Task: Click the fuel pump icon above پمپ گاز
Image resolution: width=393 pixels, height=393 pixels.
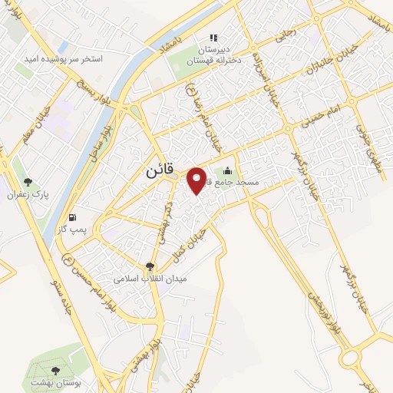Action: click(x=73, y=217)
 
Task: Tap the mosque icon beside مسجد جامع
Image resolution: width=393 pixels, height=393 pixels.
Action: click(x=227, y=171)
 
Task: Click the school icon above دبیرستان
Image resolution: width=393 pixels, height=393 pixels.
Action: click(x=214, y=37)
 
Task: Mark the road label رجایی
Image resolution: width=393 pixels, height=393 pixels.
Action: click(x=286, y=34)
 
